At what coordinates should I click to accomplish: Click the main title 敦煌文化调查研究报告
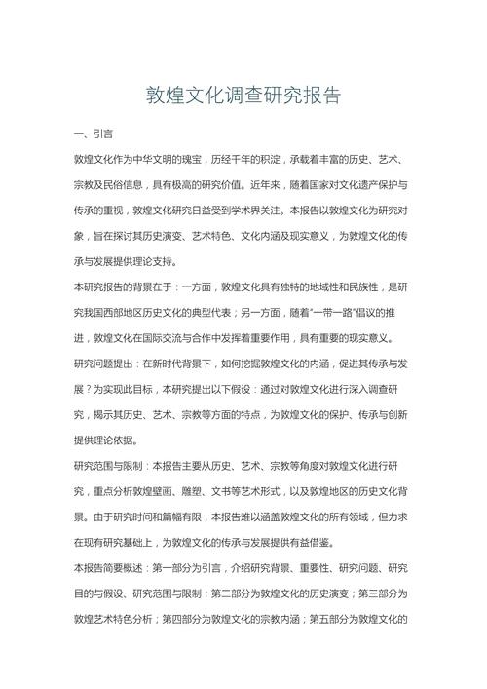pos(243,96)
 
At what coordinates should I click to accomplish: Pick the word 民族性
pos(356,287)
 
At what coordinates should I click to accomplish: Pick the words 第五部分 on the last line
pos(354,620)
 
